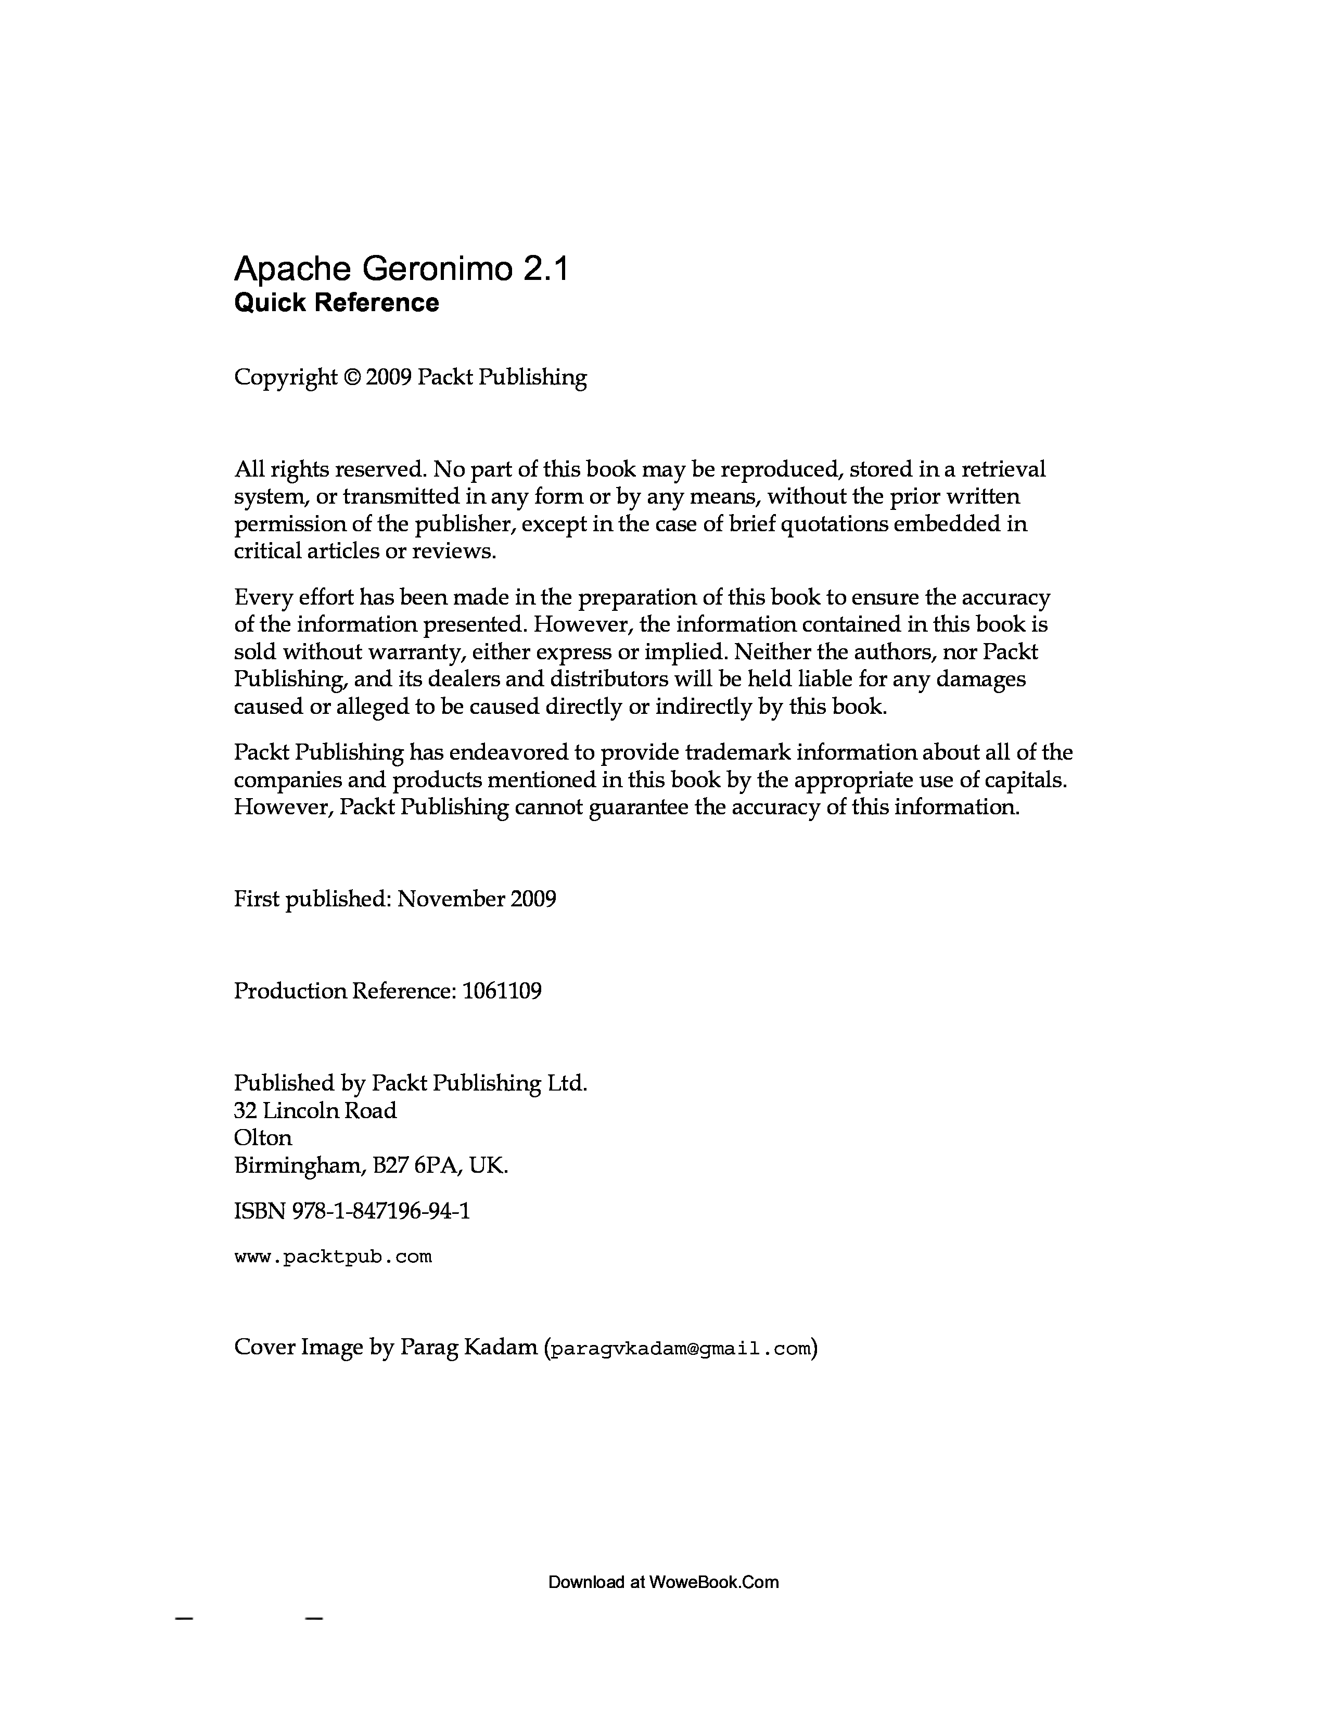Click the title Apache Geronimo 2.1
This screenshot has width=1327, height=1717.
pyautogui.click(x=400, y=270)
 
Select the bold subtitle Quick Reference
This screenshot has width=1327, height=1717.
pyautogui.click(x=337, y=303)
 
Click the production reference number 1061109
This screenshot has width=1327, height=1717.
pyautogui.click(x=502, y=991)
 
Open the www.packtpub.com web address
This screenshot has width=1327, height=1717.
pyautogui.click(x=333, y=1257)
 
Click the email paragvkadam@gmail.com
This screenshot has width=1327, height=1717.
pyautogui.click(x=680, y=1349)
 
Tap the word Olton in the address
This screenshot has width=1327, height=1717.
pyautogui.click(x=263, y=1137)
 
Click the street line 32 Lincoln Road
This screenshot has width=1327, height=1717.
pyautogui.click(x=315, y=1110)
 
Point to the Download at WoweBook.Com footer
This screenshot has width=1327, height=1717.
pyautogui.click(x=662, y=1582)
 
